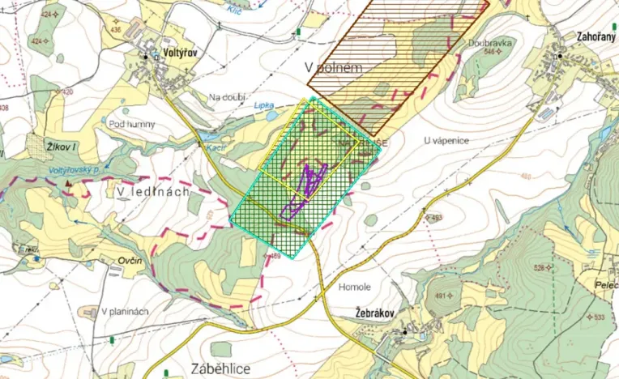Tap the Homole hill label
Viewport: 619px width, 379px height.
(356, 287)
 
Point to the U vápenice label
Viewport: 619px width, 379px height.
(446, 140)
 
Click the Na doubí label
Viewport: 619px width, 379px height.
(226, 97)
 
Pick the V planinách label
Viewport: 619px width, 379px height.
(126, 312)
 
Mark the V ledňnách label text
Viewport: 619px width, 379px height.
(152, 191)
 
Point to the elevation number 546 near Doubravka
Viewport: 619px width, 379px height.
(489, 52)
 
